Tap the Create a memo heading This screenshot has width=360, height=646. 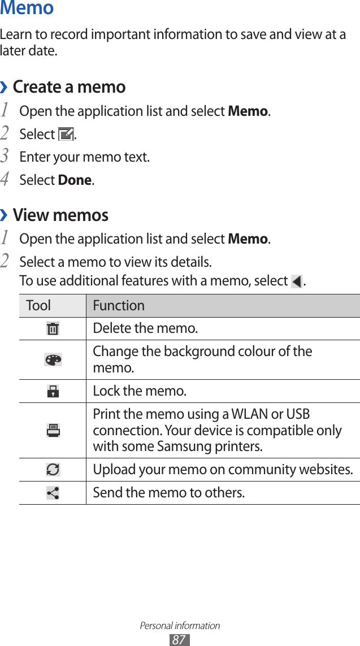pos(69,87)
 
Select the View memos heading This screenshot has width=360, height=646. pos(60,215)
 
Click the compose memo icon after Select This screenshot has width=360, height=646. pos(66,135)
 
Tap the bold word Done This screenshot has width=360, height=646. pos(75,180)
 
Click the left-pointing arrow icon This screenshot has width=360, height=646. pos(296,281)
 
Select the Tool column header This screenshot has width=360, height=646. pos(38,306)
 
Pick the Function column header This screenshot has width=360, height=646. pos(119,306)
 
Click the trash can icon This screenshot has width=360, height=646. pos(53,328)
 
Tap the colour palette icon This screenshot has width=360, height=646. pos(53,359)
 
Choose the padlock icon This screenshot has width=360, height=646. pos(53,391)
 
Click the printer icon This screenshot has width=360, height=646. pos(53,430)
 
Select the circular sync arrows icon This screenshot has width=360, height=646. pos(53,470)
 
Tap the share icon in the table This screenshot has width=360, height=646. pos(53,493)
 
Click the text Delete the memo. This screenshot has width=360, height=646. pos(145,328)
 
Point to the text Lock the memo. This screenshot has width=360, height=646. pos(140,391)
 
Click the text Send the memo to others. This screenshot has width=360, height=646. pos(169,493)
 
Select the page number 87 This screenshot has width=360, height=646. pos(179,640)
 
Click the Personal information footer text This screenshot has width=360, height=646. pos(180,626)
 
